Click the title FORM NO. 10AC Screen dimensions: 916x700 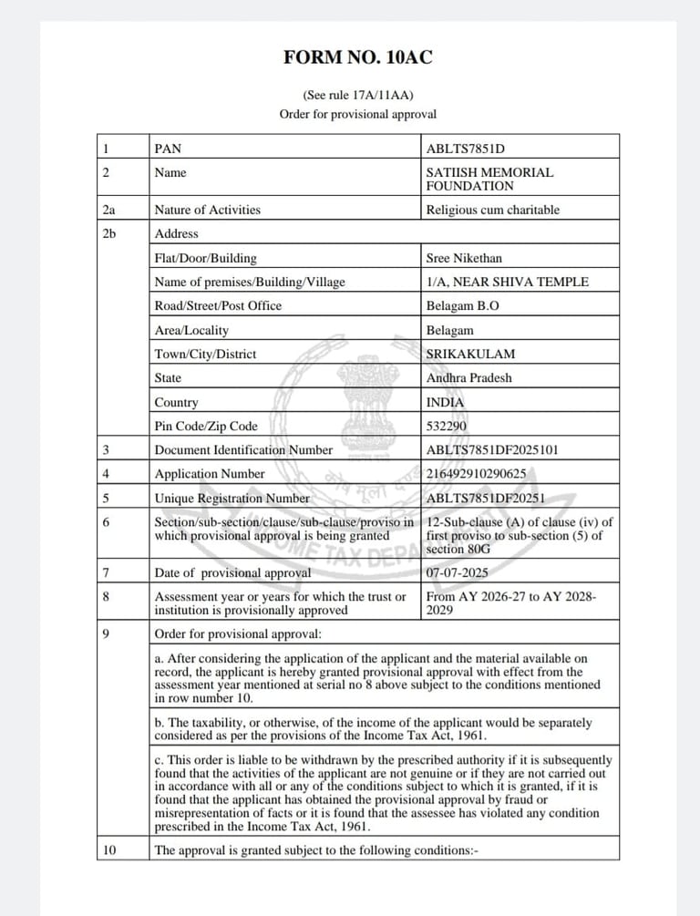(357, 58)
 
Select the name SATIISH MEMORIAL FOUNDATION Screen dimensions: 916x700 (489, 179)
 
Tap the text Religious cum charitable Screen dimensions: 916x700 (493, 210)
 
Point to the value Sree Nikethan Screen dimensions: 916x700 (464, 258)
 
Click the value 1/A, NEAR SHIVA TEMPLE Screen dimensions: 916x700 (507, 282)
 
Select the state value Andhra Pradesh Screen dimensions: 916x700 (469, 377)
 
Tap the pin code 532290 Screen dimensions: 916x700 (446, 426)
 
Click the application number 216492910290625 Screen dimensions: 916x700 (476, 474)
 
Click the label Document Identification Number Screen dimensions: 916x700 (243, 449)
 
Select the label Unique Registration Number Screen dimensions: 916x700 (239, 499)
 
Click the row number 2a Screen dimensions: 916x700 (110, 210)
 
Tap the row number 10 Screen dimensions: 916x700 (110, 850)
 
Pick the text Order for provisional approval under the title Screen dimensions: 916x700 (357, 114)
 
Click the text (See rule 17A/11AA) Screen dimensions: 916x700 (357, 94)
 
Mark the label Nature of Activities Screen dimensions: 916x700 (208, 210)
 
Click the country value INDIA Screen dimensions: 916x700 (445, 402)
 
